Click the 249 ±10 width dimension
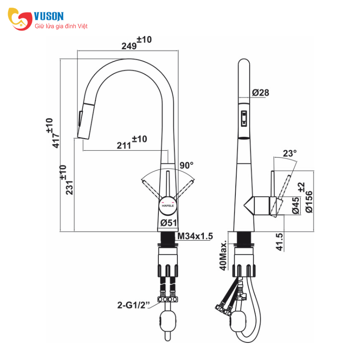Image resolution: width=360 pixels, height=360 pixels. (136, 43)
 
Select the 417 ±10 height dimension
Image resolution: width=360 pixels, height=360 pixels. (53, 133)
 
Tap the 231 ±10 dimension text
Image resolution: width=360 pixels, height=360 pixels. (66, 180)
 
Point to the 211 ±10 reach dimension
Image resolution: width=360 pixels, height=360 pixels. (132, 142)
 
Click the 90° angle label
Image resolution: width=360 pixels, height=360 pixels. (186, 165)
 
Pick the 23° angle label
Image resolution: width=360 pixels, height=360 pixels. (290, 153)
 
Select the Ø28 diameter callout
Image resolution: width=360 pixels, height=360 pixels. (261, 93)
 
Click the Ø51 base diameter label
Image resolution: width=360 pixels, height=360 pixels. (169, 223)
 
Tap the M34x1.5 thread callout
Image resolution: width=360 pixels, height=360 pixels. (195, 236)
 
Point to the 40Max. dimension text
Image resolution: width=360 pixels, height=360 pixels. (223, 255)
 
